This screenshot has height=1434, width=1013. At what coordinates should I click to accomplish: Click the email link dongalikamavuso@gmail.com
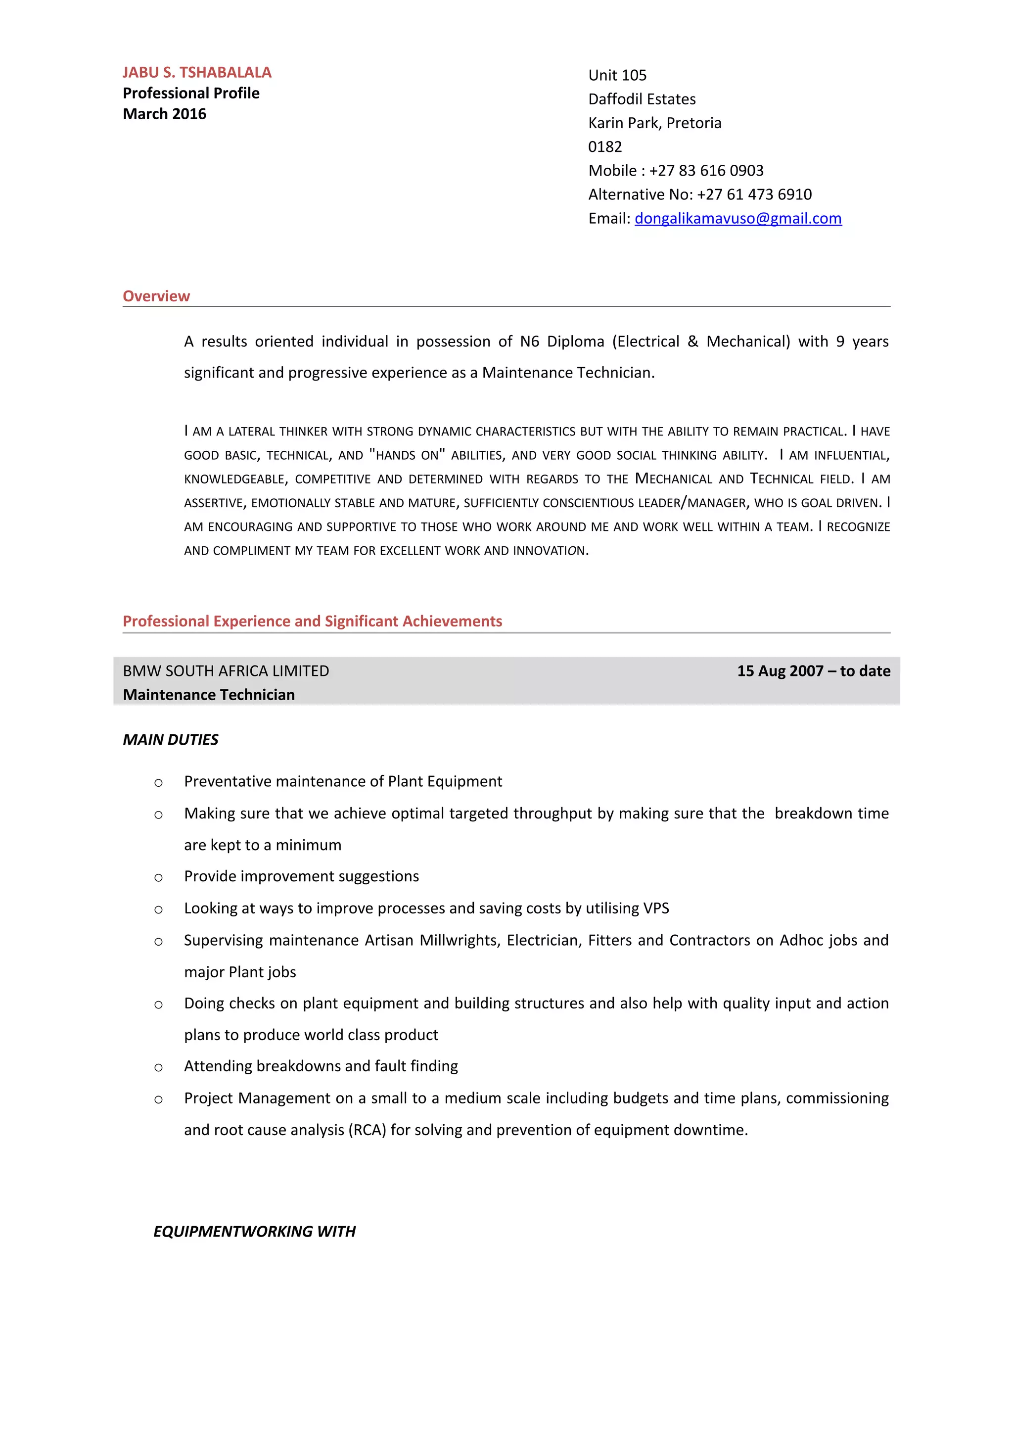738,219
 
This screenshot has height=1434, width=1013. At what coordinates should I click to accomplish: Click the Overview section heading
156,296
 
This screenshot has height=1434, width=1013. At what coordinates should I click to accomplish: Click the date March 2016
164,114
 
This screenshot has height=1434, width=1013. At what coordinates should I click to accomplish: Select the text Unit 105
617,76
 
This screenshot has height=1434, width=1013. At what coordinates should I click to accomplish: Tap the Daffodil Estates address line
642,99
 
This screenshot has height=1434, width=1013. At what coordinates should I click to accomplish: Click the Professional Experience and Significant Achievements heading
312,621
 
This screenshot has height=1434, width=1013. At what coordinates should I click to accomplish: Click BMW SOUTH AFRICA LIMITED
226,671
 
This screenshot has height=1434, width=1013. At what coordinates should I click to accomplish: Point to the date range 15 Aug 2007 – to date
813,671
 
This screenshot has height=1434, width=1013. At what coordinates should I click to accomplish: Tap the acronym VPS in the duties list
655,908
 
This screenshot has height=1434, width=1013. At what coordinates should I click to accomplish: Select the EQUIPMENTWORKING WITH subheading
254,1232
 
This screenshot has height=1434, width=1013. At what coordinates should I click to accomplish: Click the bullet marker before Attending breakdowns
159,1068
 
